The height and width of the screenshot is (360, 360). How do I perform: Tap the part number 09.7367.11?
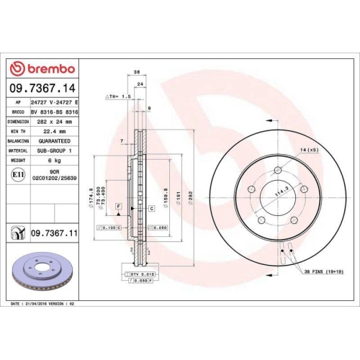(53, 233)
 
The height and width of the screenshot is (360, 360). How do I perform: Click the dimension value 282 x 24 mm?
(56, 122)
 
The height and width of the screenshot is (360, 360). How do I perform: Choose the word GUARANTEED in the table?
(55, 141)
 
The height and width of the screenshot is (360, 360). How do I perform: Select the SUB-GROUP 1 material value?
(55, 150)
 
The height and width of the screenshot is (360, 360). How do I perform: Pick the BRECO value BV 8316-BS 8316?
(55, 112)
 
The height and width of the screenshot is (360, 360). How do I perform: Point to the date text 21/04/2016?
(50, 305)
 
